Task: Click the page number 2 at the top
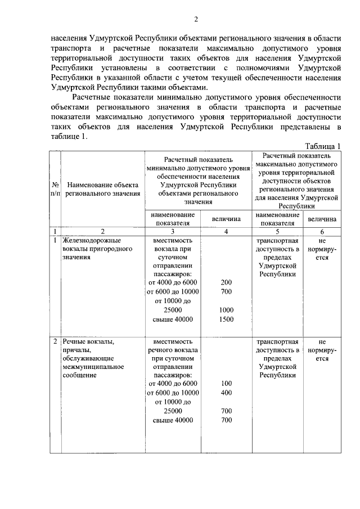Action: [196, 20]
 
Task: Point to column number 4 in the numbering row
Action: [226, 231]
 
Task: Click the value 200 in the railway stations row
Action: [226, 282]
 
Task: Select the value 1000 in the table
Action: [226, 310]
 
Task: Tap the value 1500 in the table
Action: [226, 319]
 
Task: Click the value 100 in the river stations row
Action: [226, 383]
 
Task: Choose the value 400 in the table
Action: [226, 392]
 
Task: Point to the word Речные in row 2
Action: [75, 341]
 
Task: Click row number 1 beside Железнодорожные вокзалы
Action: [55, 240]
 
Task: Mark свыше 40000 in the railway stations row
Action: [173, 319]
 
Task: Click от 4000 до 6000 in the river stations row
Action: [173, 383]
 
